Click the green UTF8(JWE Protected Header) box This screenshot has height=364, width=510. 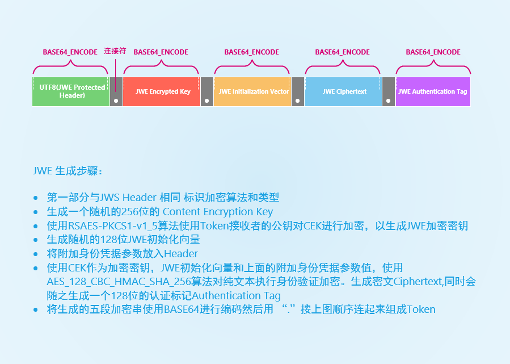point(71,91)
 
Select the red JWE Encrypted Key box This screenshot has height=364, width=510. point(162,91)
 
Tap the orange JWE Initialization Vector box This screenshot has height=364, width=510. point(252,91)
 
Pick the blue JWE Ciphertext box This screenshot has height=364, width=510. point(343,91)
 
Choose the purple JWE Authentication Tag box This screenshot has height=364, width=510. point(433,91)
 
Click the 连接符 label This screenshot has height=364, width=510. point(115,51)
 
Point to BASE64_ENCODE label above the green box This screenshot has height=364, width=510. point(70,52)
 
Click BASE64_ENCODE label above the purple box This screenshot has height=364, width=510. point(433,52)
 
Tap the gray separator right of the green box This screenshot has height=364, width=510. point(116,91)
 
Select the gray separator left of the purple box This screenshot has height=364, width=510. point(388,91)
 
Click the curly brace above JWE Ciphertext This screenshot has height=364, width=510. point(343,69)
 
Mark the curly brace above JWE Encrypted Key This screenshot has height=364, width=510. point(161,69)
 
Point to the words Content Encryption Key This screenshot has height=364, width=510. point(218,212)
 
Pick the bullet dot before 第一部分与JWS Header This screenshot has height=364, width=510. point(36,198)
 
